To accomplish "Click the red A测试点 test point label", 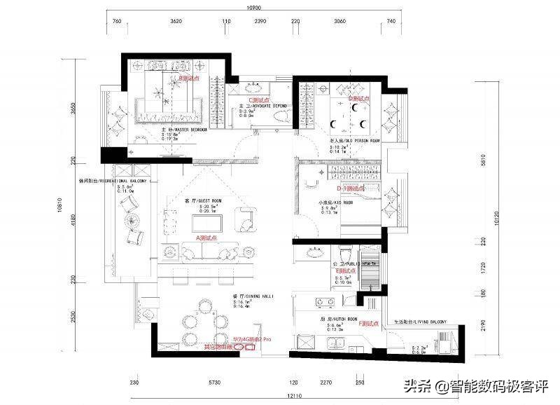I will (207, 238).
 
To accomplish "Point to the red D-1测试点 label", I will (347, 188).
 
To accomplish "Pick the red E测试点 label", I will (345, 270).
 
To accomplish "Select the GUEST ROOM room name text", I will (208, 200).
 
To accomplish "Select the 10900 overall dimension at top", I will (255, 8).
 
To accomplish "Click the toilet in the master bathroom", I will (279, 114).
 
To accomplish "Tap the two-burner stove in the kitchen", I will (324, 303).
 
